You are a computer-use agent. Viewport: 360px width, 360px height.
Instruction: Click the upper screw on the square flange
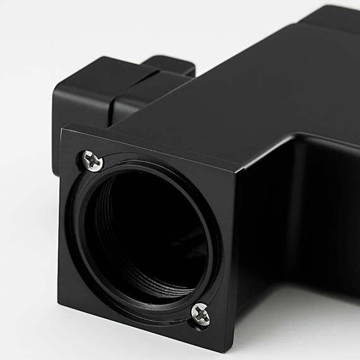(93, 160)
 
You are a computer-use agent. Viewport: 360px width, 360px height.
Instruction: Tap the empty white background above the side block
(76, 32)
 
